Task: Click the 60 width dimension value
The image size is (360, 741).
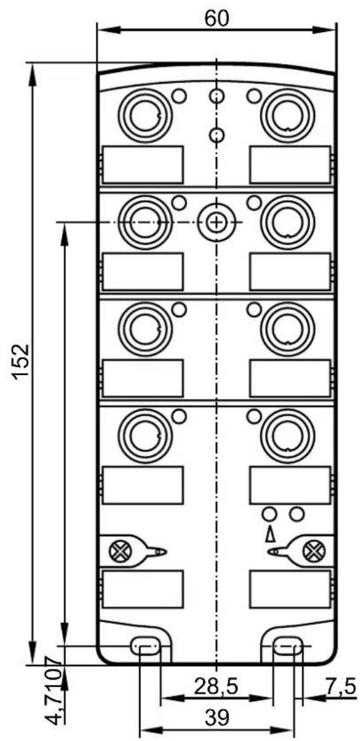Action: point(216,18)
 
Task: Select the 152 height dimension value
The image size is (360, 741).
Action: point(22,362)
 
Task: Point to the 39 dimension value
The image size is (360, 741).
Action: point(216,718)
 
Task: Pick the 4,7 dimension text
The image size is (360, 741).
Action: point(54,710)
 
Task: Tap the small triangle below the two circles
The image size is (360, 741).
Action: point(270,533)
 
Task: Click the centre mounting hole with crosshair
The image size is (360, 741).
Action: point(216,222)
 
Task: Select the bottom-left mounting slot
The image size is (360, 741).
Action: point(144,646)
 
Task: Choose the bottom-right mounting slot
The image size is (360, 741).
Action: point(288,646)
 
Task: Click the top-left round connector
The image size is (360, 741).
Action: point(144,115)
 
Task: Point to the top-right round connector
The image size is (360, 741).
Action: point(288,115)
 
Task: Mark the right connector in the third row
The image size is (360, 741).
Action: point(288,329)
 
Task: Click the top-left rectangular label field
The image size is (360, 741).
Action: point(143,164)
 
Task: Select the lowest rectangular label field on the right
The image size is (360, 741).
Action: point(290,589)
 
